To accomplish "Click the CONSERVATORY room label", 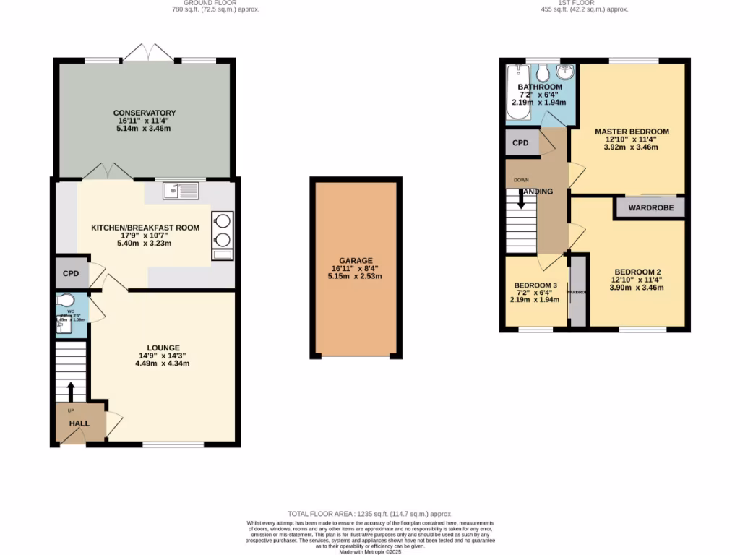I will point(145,113).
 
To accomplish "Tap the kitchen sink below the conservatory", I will point(181,191).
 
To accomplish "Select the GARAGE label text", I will point(356,261).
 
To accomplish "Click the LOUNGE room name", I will point(163,348).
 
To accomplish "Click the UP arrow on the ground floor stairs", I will point(71,391).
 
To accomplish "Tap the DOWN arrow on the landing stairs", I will point(521,199).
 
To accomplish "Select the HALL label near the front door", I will point(79,423).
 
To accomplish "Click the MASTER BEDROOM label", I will point(632,132).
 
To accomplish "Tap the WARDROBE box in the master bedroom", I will point(650,207).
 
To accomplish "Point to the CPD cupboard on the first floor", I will point(520,143).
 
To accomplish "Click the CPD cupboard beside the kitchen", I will point(70,274).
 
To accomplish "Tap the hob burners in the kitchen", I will point(223,230).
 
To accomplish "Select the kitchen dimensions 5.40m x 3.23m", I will point(145,244).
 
